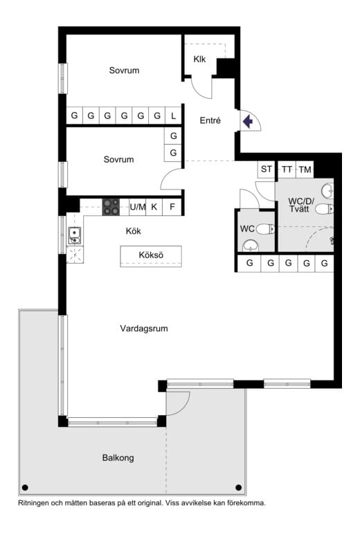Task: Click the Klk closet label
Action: click(x=200, y=59)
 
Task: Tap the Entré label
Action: click(x=210, y=120)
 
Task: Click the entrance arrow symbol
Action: click(x=248, y=122)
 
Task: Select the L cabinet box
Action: click(x=174, y=116)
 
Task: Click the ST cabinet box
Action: click(x=267, y=169)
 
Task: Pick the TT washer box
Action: click(x=287, y=169)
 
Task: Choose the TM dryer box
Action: click(x=305, y=169)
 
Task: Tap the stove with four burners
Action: click(x=111, y=206)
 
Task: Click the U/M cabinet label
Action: click(x=138, y=206)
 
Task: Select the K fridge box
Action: click(x=154, y=206)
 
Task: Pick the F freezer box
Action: click(x=172, y=206)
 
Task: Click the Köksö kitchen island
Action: click(x=151, y=256)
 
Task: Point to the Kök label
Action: click(x=134, y=231)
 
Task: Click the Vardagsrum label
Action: click(x=144, y=329)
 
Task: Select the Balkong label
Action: click(x=118, y=458)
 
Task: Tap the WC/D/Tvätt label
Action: click(x=301, y=205)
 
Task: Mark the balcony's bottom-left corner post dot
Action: click(x=26, y=487)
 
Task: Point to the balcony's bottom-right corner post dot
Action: click(x=240, y=487)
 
